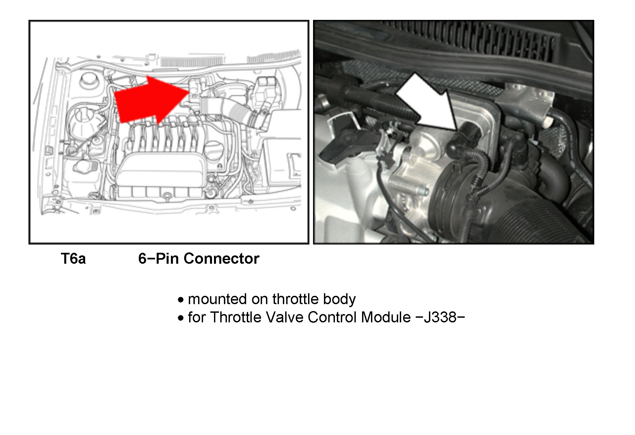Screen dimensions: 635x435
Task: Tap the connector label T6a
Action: click(73, 258)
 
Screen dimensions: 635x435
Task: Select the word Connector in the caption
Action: click(221, 258)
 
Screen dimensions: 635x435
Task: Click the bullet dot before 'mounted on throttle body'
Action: click(181, 300)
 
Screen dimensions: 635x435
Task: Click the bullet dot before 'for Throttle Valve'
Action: click(181, 318)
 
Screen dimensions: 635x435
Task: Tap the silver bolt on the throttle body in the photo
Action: click(423, 191)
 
